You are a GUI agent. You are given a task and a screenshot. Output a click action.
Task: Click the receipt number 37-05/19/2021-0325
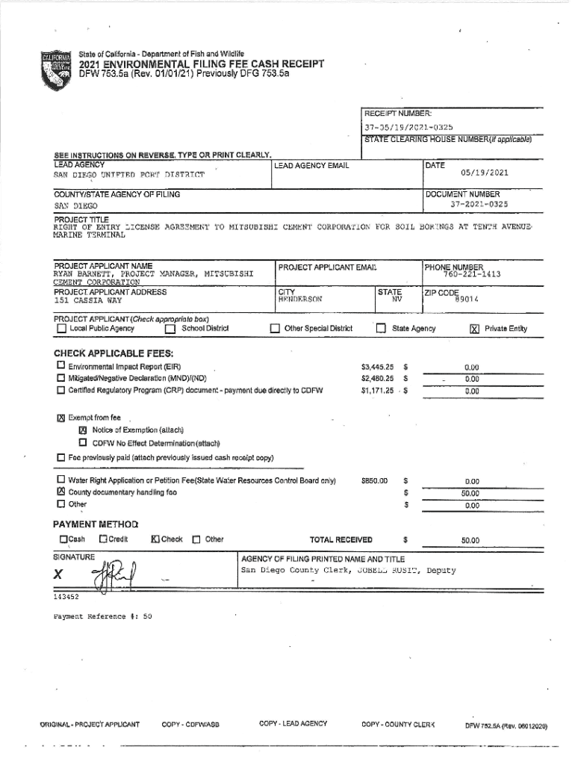click(x=408, y=127)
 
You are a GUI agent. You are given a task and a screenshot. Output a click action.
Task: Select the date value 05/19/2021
click(x=485, y=173)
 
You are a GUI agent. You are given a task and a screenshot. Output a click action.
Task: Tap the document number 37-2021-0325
click(x=479, y=203)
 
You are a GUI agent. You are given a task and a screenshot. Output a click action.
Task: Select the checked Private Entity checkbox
click(x=474, y=329)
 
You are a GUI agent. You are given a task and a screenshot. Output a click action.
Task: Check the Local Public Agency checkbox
click(x=61, y=329)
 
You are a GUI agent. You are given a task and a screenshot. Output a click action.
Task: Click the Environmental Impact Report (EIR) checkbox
click(x=60, y=367)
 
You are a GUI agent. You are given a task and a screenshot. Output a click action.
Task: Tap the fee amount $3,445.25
click(x=377, y=368)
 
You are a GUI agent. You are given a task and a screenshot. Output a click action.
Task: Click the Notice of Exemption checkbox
click(x=84, y=430)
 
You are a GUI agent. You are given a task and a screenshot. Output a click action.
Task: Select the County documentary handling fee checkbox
click(x=60, y=492)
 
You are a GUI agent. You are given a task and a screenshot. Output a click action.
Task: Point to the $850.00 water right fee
click(x=373, y=481)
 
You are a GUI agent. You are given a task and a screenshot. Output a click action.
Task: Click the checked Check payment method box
click(x=155, y=539)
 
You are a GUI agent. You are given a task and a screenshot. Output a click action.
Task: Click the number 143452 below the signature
click(x=66, y=597)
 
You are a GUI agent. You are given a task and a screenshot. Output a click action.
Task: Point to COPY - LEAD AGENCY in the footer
click(x=293, y=724)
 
